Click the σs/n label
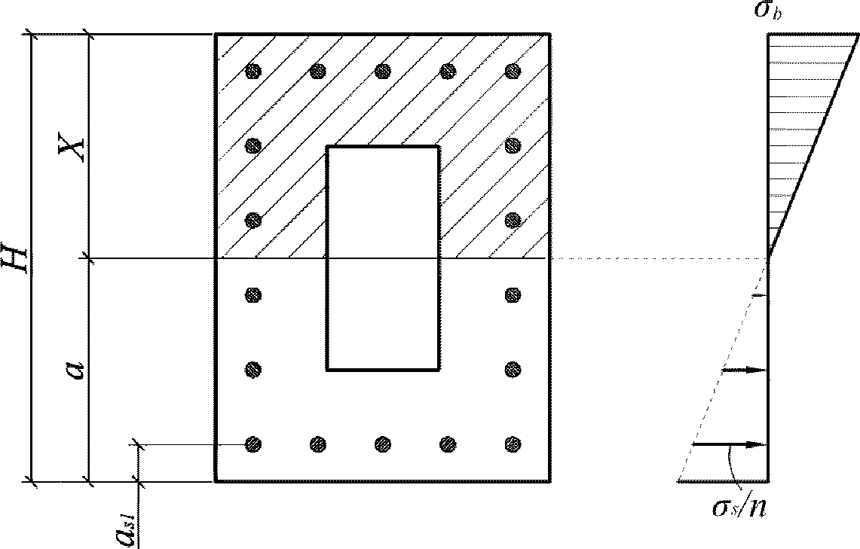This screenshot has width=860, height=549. click(739, 508)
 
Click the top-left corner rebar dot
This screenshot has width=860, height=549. click(252, 71)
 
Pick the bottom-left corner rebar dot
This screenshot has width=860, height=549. click(252, 444)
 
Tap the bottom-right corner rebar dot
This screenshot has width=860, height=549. click(513, 444)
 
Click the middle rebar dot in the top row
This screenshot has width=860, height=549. click(383, 71)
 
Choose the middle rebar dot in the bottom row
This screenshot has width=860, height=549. click(383, 444)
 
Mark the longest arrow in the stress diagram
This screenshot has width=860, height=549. click(730, 444)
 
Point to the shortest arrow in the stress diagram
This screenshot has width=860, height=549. click(761, 296)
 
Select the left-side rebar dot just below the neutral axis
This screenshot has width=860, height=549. click(252, 295)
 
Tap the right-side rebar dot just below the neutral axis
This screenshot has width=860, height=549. click(513, 295)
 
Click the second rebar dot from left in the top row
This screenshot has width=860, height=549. click(318, 71)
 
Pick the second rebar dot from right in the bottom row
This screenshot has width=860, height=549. click(448, 444)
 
